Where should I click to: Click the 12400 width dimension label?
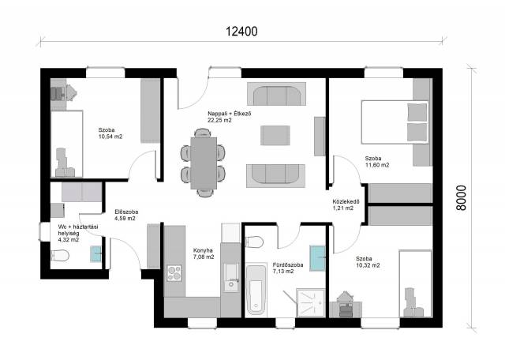pyautogui.click(x=241, y=32)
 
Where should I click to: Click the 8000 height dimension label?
pyautogui.click(x=461, y=198)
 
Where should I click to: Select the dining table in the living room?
pyautogui.click(x=204, y=163)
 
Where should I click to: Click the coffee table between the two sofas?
pyautogui.click(x=275, y=135)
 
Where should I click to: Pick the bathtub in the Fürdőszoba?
pyautogui.click(x=256, y=290)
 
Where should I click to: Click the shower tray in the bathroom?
pyautogui.click(x=310, y=302)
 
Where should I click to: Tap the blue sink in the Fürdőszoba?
pyautogui.click(x=317, y=258)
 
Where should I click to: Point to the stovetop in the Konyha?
pyautogui.click(x=174, y=273)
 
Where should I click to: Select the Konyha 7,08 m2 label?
pyautogui.click(x=204, y=253)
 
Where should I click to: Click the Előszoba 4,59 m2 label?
pyautogui.click(x=126, y=215)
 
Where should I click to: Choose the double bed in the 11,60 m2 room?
pyautogui.click(x=395, y=122)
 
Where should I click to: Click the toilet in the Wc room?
pyautogui.click(x=60, y=256)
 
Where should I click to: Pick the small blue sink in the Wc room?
pyautogui.click(x=96, y=253)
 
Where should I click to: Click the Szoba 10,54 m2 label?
pyautogui.click(x=110, y=133)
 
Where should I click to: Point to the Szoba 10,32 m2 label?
pyautogui.click(x=368, y=261)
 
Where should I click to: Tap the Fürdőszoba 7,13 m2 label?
pyautogui.click(x=287, y=268)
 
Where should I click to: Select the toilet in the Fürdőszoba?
pyautogui.click(x=254, y=242)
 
